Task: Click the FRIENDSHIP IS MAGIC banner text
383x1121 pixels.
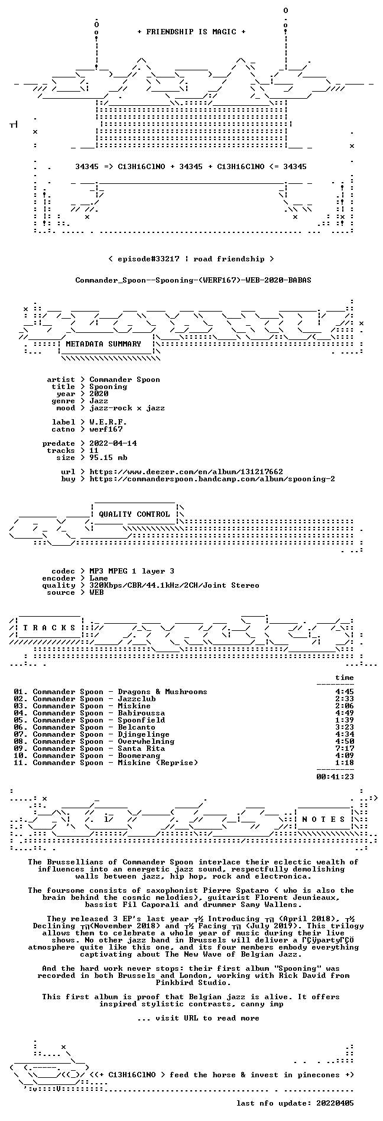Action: pos(191,32)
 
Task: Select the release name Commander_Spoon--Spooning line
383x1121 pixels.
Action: pos(193,280)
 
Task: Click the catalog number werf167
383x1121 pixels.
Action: pos(106,429)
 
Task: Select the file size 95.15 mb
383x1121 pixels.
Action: pos(108,458)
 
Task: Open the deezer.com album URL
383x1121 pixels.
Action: pos(186,472)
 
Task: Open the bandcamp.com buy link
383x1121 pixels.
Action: pos(212,479)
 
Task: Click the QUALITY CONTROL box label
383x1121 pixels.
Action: pos(134,514)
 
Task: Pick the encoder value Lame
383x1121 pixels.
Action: pos(99,578)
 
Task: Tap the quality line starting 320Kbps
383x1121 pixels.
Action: pos(174,585)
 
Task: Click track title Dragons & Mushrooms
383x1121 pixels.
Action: pos(163,692)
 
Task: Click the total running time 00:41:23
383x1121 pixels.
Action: pos(335,777)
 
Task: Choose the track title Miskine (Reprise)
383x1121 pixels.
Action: pos(158,763)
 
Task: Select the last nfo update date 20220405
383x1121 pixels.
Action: pos(335,1103)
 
